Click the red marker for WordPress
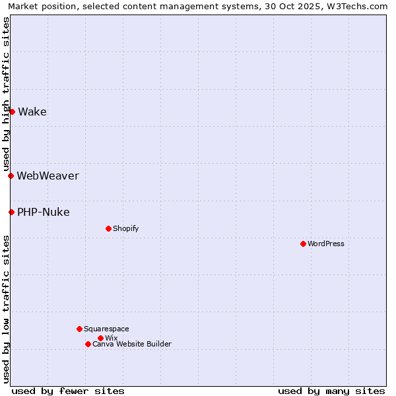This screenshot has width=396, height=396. (303, 244)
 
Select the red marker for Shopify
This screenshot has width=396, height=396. (108, 228)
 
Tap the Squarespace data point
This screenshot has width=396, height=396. (79, 329)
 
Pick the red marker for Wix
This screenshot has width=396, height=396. (100, 338)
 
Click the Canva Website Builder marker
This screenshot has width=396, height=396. (88, 344)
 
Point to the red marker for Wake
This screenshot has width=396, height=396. (12, 112)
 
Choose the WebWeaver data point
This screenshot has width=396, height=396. (11, 176)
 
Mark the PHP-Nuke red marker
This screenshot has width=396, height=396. (11, 212)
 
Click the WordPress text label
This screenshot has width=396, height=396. (326, 244)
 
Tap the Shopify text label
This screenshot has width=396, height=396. (125, 228)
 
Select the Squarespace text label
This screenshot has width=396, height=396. (106, 329)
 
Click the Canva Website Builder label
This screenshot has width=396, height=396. (132, 344)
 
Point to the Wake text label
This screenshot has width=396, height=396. (32, 112)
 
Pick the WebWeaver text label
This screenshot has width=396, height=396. (48, 176)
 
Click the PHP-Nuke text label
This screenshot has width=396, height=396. (44, 212)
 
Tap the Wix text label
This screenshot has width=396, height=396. (111, 338)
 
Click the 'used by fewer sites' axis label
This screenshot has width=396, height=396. (68, 391)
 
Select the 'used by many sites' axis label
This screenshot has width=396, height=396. (331, 391)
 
